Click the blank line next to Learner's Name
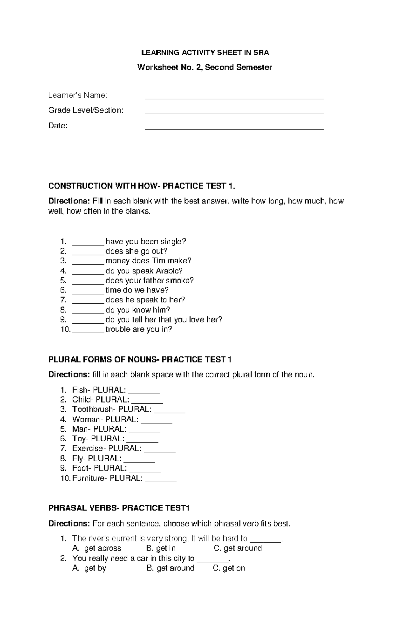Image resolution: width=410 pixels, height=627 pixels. [234, 98]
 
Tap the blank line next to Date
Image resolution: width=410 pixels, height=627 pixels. [234, 129]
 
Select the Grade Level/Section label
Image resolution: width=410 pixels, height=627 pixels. [86, 110]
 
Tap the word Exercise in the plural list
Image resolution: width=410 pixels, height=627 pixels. [87, 448]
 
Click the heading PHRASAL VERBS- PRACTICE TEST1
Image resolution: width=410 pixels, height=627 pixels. [119, 508]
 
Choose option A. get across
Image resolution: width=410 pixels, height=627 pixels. [97, 548]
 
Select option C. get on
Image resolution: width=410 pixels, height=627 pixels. [229, 568]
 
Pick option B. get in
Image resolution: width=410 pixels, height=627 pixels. [161, 548]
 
